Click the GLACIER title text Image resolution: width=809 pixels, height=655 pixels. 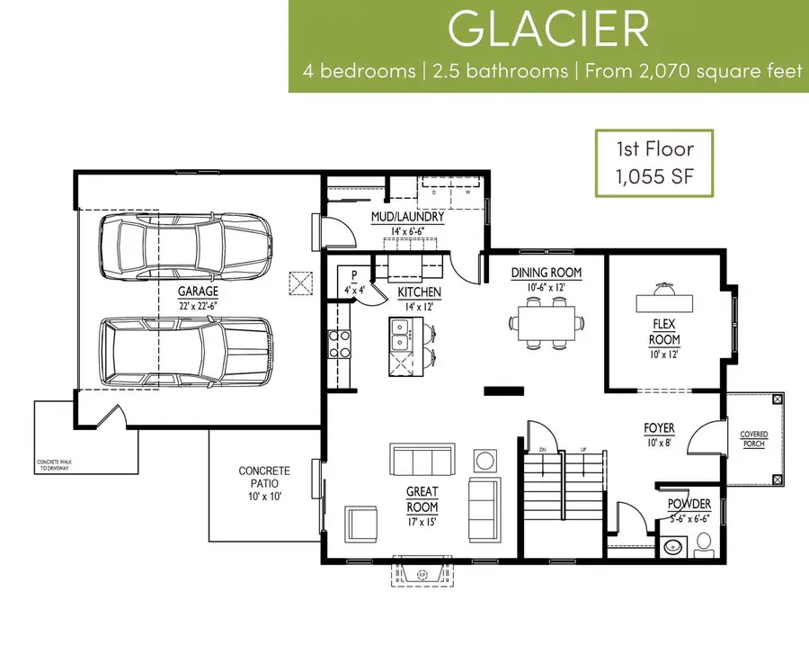point(547,30)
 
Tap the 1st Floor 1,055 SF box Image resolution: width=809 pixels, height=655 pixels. point(654,163)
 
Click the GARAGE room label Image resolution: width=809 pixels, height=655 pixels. point(199,292)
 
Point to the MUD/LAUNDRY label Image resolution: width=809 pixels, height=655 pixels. point(407,217)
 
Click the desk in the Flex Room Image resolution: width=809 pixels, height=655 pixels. point(665,301)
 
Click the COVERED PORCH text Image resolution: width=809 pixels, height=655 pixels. point(753,439)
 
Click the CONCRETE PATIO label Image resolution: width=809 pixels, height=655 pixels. point(263,477)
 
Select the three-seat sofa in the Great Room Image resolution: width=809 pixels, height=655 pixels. point(422,460)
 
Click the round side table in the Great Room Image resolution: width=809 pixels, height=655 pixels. point(485,461)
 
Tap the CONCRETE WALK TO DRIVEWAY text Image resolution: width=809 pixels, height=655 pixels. point(60,464)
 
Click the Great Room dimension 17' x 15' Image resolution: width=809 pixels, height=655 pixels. point(422,521)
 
